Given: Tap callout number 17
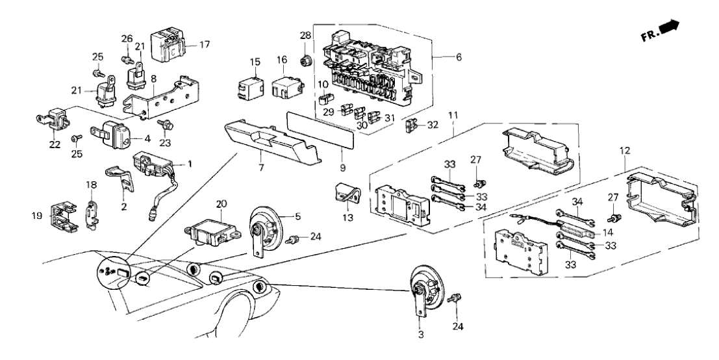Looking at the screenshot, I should click(205, 45).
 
